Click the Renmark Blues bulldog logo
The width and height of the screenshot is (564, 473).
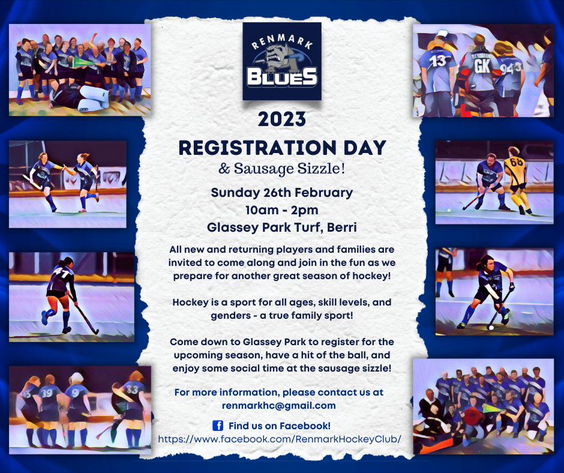point(282,61)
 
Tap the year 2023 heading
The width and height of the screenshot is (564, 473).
point(282,119)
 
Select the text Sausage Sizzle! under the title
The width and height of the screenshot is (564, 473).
point(290,169)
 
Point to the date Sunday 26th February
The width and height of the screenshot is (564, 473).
point(281,193)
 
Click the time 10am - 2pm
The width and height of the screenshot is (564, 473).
point(281,210)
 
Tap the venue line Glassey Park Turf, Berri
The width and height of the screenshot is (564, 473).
point(281,227)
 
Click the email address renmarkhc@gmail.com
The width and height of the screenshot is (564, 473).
point(279,406)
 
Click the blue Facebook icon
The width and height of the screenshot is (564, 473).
point(218,426)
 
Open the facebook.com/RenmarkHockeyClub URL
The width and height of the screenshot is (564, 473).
point(280,439)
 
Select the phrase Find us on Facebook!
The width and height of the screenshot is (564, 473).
point(280,426)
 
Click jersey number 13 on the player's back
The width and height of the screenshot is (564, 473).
point(438,61)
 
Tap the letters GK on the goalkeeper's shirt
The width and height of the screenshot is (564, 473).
point(482,65)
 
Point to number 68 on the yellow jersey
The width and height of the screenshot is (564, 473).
point(516,162)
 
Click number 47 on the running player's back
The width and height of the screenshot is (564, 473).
point(60,274)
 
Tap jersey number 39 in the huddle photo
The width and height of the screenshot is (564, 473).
point(47,393)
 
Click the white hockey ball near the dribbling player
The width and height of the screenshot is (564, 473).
point(491,327)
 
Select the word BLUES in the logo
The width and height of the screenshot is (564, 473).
point(282,77)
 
